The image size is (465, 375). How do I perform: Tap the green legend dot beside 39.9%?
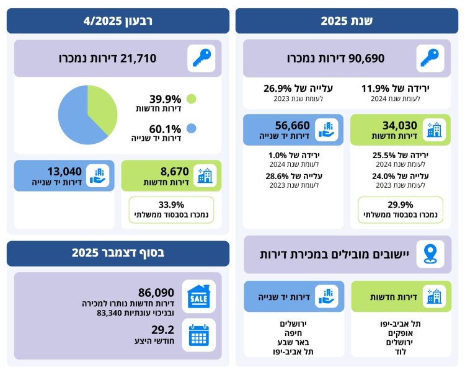(190, 99)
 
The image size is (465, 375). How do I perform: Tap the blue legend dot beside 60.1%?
(190, 128)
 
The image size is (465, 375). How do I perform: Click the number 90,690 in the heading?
(366, 58)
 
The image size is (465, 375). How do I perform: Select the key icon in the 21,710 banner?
(201, 58)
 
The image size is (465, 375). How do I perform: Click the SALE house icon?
(199, 296)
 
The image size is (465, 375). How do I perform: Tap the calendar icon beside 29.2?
(199, 334)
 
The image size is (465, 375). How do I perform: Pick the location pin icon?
(429, 255)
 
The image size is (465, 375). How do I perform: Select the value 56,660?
(291, 125)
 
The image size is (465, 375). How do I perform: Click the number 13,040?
(64, 172)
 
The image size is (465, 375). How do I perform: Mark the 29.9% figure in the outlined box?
(400, 205)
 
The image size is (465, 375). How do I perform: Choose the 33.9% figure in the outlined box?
(170, 205)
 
